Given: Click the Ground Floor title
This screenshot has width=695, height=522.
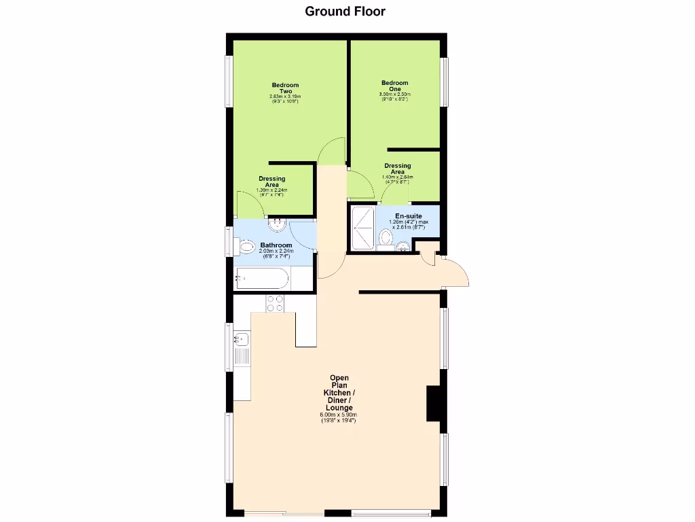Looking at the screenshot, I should [345, 11].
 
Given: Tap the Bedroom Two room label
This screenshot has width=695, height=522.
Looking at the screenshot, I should [285, 88].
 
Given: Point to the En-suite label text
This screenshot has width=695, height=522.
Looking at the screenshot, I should [409, 216].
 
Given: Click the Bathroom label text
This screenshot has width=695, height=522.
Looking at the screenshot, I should [276, 245].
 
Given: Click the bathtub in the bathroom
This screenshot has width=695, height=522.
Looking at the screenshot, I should [262, 278].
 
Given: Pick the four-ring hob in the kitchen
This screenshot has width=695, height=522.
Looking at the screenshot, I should [275, 303].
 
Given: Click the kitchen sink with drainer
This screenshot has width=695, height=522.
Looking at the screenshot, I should [242, 347].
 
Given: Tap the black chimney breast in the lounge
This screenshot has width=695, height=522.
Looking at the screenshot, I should [434, 404].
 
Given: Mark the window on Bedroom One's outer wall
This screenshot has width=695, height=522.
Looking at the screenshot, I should [445, 82].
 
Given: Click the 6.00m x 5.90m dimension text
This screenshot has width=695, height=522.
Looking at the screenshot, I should [339, 415].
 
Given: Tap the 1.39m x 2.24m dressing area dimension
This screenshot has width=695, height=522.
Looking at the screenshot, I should [271, 190].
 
